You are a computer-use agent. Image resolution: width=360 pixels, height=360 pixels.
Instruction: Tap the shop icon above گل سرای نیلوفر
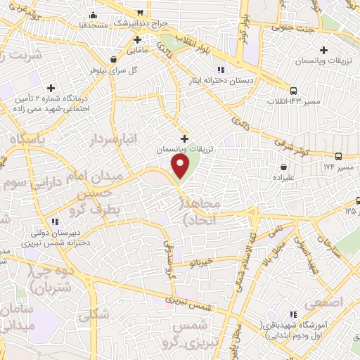[x=114, y=59]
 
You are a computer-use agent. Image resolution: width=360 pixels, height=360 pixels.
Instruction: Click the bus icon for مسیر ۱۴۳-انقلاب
[x=293, y=90]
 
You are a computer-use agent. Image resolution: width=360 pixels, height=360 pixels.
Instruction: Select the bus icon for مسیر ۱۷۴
[x=338, y=156]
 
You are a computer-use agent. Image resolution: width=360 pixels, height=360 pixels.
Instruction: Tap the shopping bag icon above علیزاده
[x=283, y=167]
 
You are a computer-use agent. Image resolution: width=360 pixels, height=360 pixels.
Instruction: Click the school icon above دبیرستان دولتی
[x=55, y=221]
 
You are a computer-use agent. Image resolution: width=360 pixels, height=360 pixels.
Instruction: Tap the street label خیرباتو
[x=200, y=261]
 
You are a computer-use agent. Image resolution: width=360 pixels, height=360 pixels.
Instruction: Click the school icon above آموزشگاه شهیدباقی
[x=293, y=314]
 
